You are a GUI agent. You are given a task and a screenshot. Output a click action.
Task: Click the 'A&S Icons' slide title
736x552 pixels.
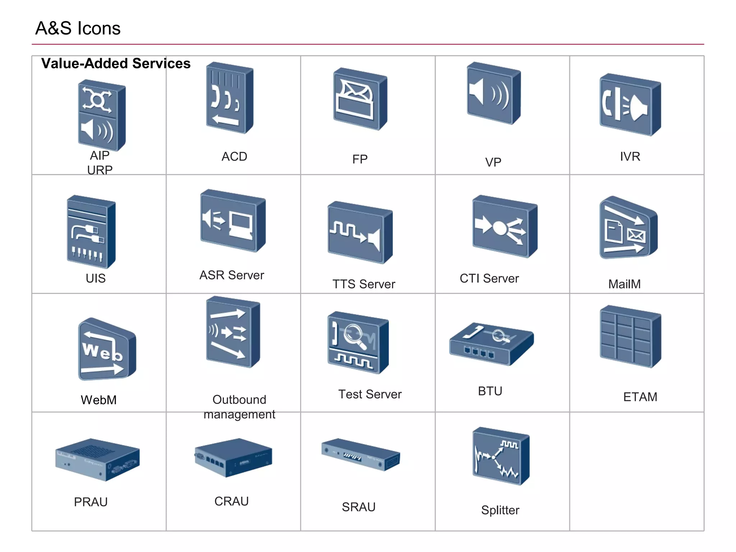78,28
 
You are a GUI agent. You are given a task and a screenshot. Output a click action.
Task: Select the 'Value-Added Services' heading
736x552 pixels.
116,64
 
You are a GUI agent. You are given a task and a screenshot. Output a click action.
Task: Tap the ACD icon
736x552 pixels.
230,98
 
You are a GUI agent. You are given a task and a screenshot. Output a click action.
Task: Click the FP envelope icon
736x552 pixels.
360,99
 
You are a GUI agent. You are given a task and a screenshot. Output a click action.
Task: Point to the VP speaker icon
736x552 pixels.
493,93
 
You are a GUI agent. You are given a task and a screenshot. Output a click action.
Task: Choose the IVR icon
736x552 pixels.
630,105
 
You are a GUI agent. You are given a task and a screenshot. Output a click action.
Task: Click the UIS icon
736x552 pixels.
91,232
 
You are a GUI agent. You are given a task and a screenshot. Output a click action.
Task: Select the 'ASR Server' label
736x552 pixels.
232,275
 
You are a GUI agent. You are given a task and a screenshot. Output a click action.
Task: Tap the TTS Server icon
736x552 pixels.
360,233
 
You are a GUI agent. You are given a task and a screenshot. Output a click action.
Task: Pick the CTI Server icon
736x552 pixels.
505,226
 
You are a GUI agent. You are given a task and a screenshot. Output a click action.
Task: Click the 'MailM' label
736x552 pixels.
624,284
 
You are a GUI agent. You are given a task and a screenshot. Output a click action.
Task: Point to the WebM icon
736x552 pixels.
107,350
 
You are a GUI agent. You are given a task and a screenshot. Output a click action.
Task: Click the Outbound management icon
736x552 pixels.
233,332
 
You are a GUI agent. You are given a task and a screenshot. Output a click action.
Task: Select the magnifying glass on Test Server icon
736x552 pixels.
355,336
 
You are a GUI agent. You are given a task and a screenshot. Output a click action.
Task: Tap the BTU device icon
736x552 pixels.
491,344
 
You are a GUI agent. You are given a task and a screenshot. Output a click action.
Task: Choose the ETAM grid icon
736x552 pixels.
630,337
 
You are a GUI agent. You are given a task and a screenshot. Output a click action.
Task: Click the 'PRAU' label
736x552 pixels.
91,502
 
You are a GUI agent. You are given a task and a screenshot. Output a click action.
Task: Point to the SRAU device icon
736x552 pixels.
360,454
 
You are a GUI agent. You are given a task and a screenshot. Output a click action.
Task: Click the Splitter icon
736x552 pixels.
501,456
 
